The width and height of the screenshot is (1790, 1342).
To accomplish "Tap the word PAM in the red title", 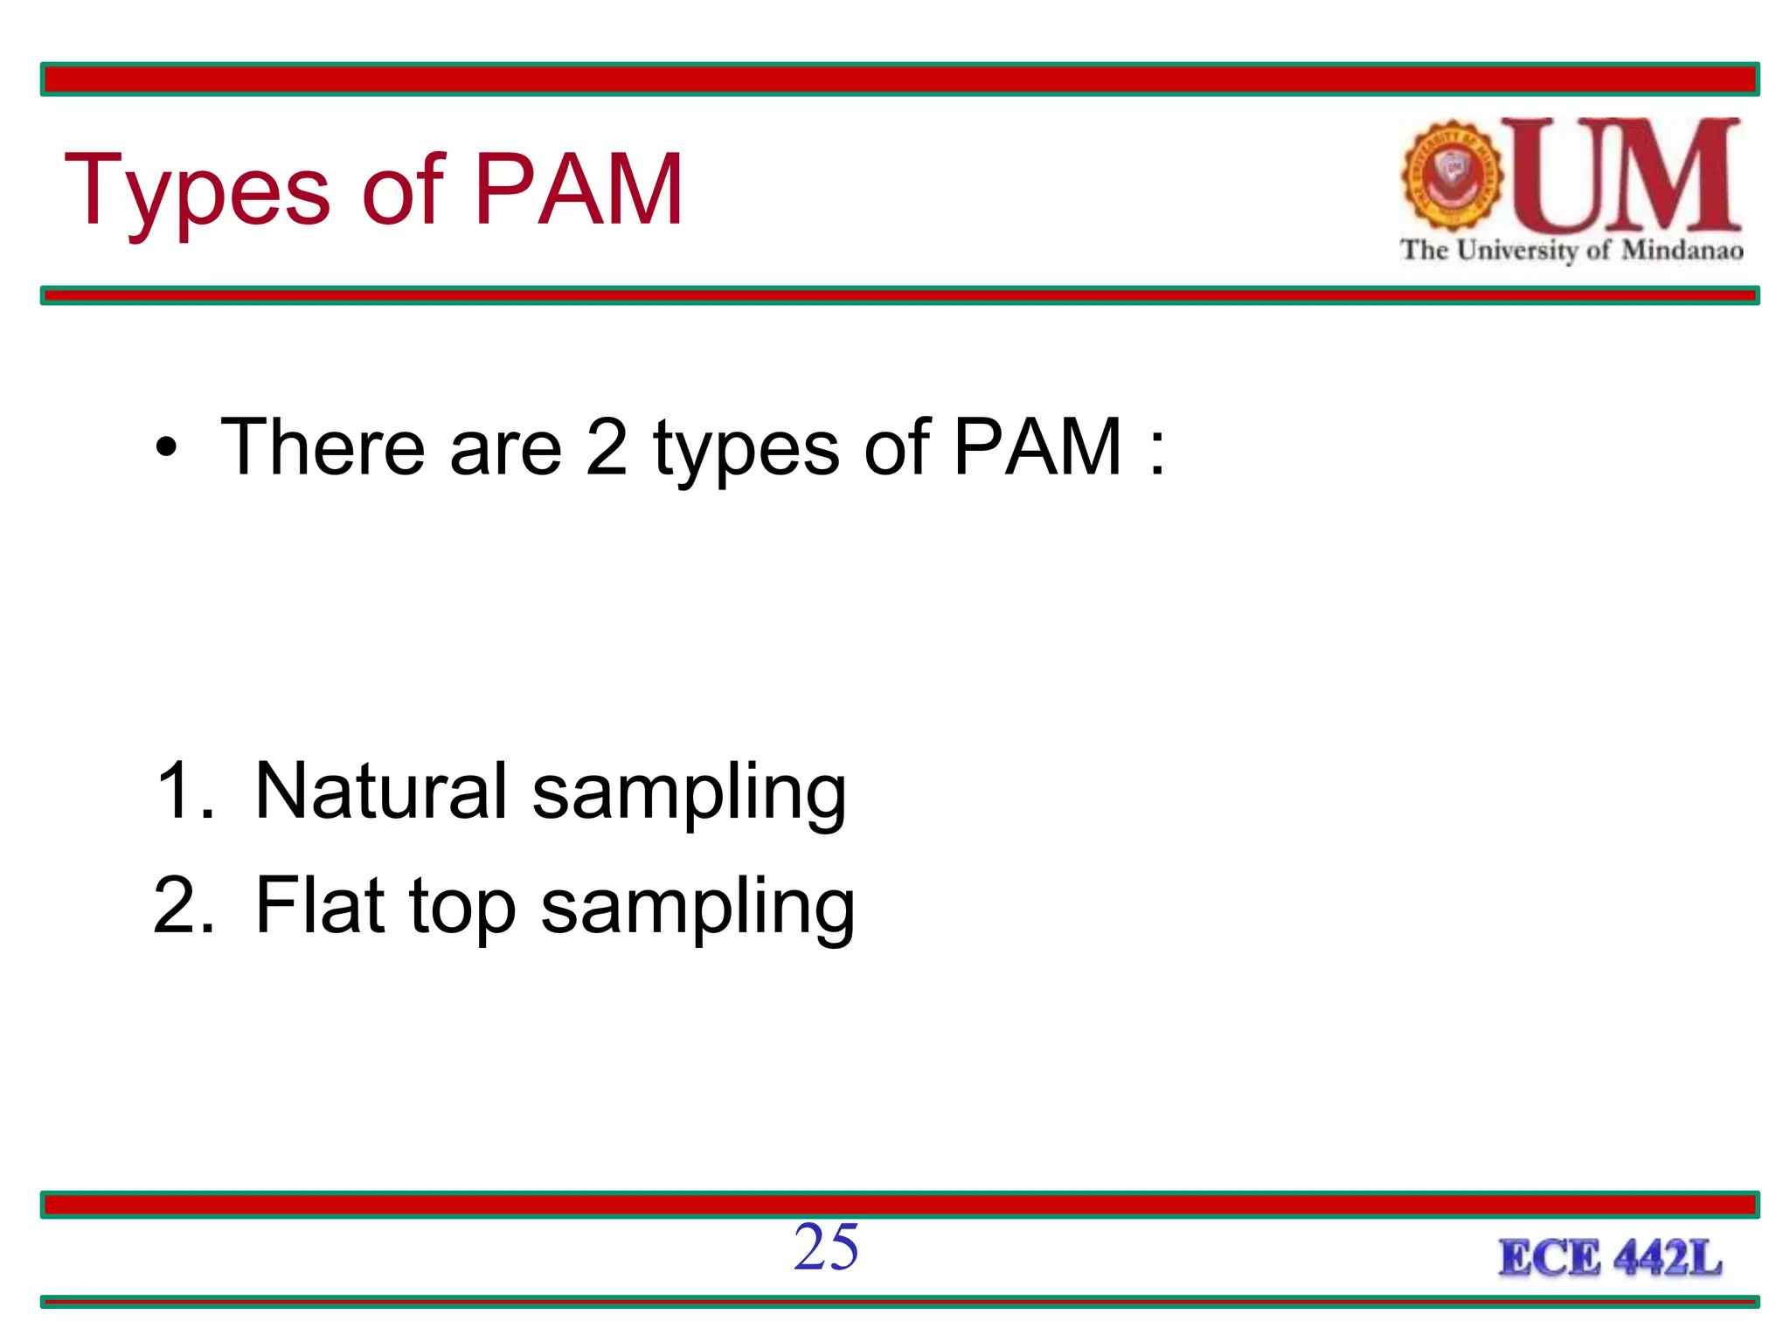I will tap(579, 190).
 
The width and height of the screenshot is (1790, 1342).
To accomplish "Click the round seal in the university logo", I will tap(1452, 176).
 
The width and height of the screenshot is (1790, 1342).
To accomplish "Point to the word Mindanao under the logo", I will tap(1682, 251).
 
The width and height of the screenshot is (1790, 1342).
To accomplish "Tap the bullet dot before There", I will tap(166, 449).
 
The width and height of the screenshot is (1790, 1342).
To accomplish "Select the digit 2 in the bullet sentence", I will tap(607, 447).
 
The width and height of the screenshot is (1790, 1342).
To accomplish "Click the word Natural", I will tap(380, 791).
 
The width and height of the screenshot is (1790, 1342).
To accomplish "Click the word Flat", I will tap(320, 906).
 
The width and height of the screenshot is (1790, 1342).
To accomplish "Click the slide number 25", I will tap(826, 1248).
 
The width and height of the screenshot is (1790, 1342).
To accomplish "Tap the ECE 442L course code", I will tap(1610, 1259).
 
